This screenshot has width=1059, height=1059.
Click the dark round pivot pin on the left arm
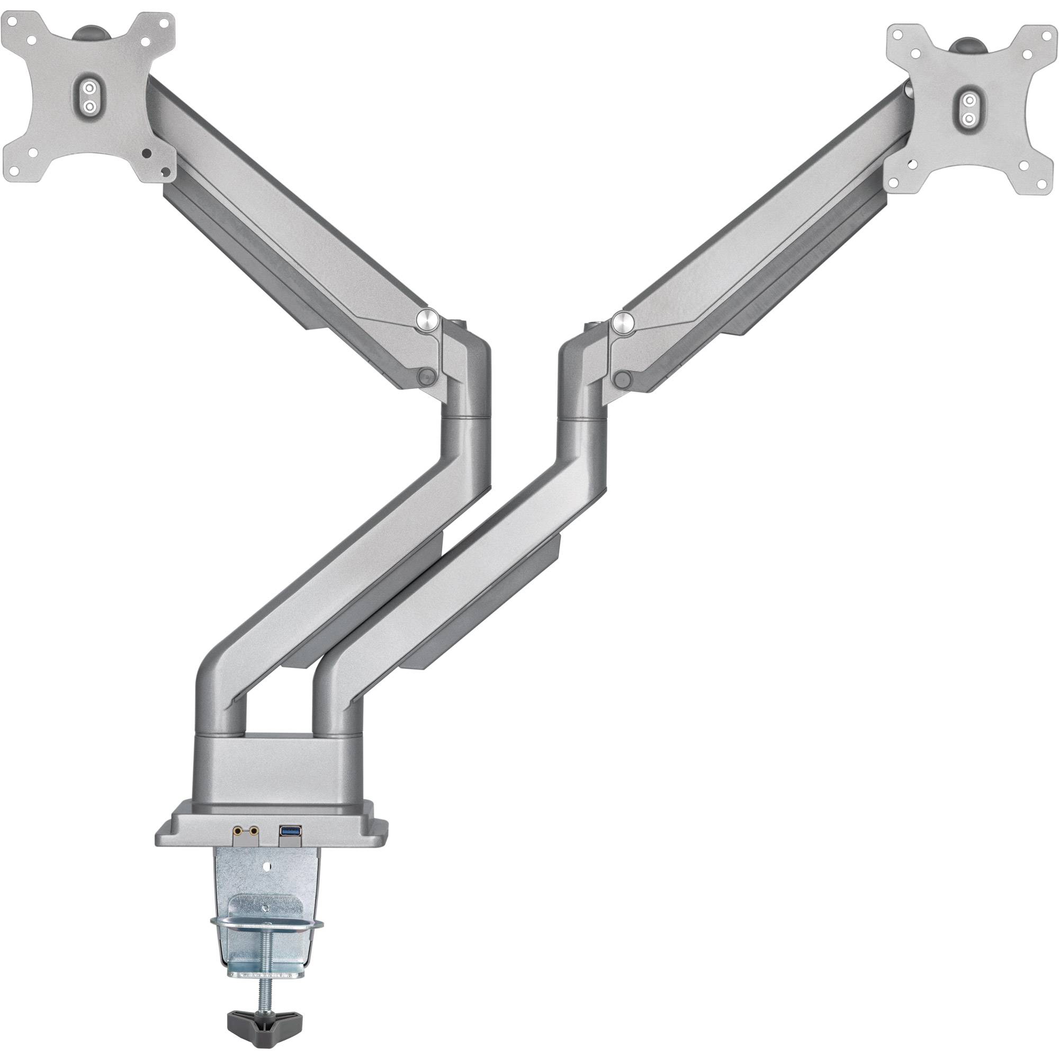pos(426,376)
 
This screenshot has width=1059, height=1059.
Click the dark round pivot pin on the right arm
pos(622,378)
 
